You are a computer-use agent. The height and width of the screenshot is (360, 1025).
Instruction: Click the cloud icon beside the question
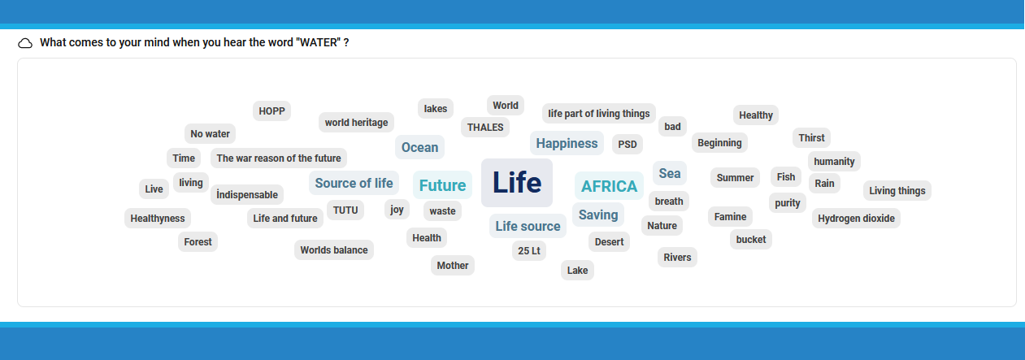[x=25, y=43]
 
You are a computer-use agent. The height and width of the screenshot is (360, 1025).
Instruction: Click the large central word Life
[x=517, y=183]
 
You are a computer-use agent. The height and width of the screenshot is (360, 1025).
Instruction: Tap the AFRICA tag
[x=609, y=186]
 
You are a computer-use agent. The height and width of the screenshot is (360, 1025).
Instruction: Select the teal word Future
[x=442, y=185]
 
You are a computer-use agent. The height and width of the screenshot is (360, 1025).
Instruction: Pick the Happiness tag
[x=567, y=144]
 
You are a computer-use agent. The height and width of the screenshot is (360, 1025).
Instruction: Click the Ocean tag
[x=419, y=147]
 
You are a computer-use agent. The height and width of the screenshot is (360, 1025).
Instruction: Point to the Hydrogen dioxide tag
[x=856, y=219]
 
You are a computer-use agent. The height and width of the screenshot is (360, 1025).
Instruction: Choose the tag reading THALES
[x=485, y=128]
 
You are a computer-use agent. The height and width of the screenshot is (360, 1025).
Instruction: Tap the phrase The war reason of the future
[x=279, y=158]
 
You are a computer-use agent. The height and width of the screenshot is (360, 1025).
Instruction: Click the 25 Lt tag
[x=529, y=251]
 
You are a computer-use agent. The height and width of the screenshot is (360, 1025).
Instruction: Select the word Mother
[x=453, y=266]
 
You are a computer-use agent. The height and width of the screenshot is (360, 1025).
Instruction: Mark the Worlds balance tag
[x=334, y=250]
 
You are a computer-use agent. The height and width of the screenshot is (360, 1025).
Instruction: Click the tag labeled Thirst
[x=811, y=138]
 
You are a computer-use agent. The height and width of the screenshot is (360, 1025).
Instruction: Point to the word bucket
[x=751, y=240]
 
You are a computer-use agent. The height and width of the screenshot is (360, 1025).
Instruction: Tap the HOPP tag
[x=271, y=111]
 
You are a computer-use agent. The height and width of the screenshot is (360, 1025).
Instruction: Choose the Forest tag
[x=198, y=242]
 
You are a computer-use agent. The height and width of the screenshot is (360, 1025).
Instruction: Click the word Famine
[x=730, y=217]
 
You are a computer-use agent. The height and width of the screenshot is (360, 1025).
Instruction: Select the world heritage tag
[x=357, y=123]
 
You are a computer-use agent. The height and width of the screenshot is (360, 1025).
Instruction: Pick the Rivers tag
[x=677, y=258]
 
